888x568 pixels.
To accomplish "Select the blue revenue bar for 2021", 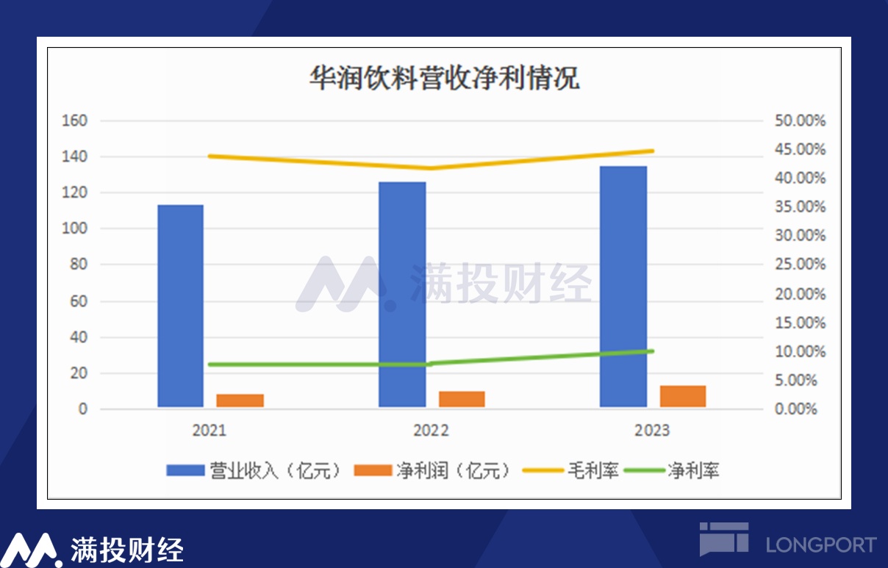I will click(180, 306).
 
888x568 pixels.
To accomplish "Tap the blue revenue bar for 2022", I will click(402, 294).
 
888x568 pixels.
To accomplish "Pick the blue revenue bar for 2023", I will click(623, 287).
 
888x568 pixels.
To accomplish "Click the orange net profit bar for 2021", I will click(240, 400).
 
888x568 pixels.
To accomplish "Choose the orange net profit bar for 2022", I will click(462, 399).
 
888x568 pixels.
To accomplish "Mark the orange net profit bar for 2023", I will click(683, 396).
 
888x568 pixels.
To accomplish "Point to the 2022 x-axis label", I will click(431, 431).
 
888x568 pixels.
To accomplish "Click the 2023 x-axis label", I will click(652, 431).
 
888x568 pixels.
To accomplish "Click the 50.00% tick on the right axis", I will click(801, 121).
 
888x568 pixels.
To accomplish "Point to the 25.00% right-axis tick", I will click(801, 265).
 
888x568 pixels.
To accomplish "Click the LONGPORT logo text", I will click(820, 544).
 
